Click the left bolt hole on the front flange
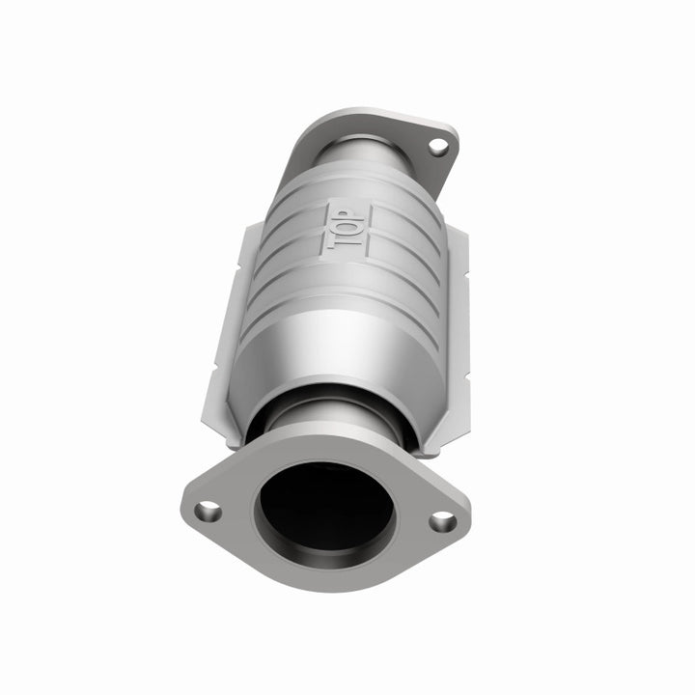(x=206, y=511)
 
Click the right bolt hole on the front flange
(x=442, y=522)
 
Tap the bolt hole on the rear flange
(x=437, y=148)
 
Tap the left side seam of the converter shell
(x=230, y=328)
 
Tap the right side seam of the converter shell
(x=454, y=328)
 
